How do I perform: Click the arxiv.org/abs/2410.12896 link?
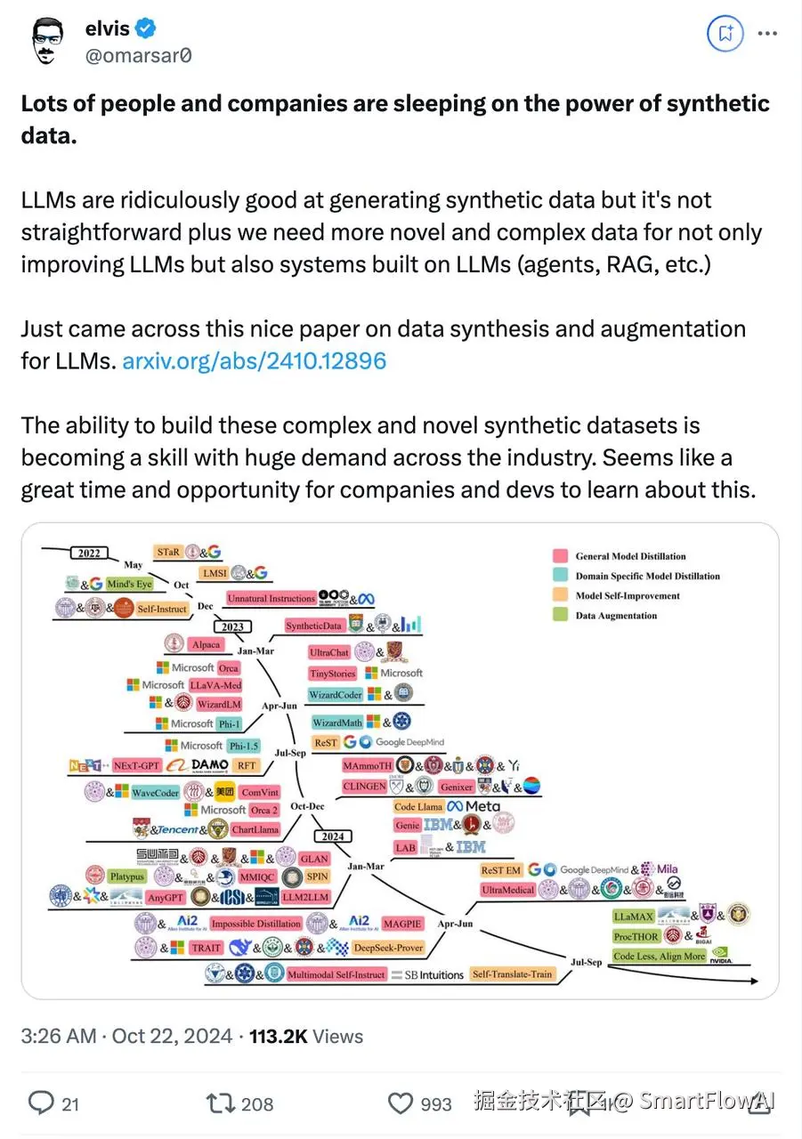click(254, 361)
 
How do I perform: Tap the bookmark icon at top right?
click(725, 35)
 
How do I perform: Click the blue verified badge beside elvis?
click(147, 29)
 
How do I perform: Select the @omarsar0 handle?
click(138, 55)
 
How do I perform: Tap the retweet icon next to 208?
click(218, 1103)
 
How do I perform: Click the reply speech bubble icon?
click(41, 1103)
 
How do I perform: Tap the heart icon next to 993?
click(401, 1103)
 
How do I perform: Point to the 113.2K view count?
click(278, 1036)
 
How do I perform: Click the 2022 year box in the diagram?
click(89, 553)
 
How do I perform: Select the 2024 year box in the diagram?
click(334, 836)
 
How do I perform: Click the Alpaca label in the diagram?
click(206, 644)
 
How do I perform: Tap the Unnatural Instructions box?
click(271, 599)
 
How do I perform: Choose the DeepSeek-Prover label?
click(388, 948)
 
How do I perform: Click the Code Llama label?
click(418, 806)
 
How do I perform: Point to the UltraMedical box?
click(508, 889)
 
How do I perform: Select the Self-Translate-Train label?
click(512, 974)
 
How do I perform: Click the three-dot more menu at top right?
click(767, 35)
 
